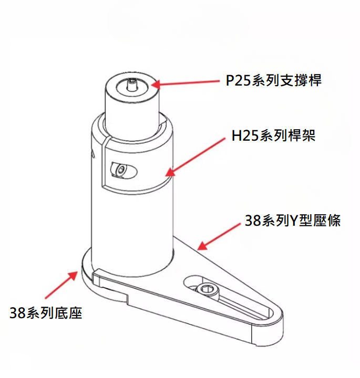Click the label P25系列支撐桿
[x=274, y=80]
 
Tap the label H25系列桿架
[x=273, y=135]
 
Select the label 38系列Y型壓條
[x=292, y=220]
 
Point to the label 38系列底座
[x=46, y=313]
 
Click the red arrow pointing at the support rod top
[x=186, y=83]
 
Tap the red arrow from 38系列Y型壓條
[x=219, y=237]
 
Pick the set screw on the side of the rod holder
[x=120, y=170]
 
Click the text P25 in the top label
[x=238, y=80]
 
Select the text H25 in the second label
[x=245, y=136]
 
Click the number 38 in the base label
[x=18, y=313]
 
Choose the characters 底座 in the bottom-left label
[x=68, y=313]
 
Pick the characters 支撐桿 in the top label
[x=301, y=80]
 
